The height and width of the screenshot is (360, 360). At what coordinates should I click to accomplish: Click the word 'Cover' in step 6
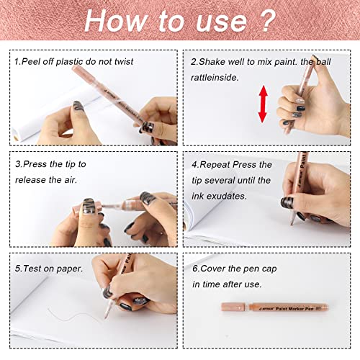216,269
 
